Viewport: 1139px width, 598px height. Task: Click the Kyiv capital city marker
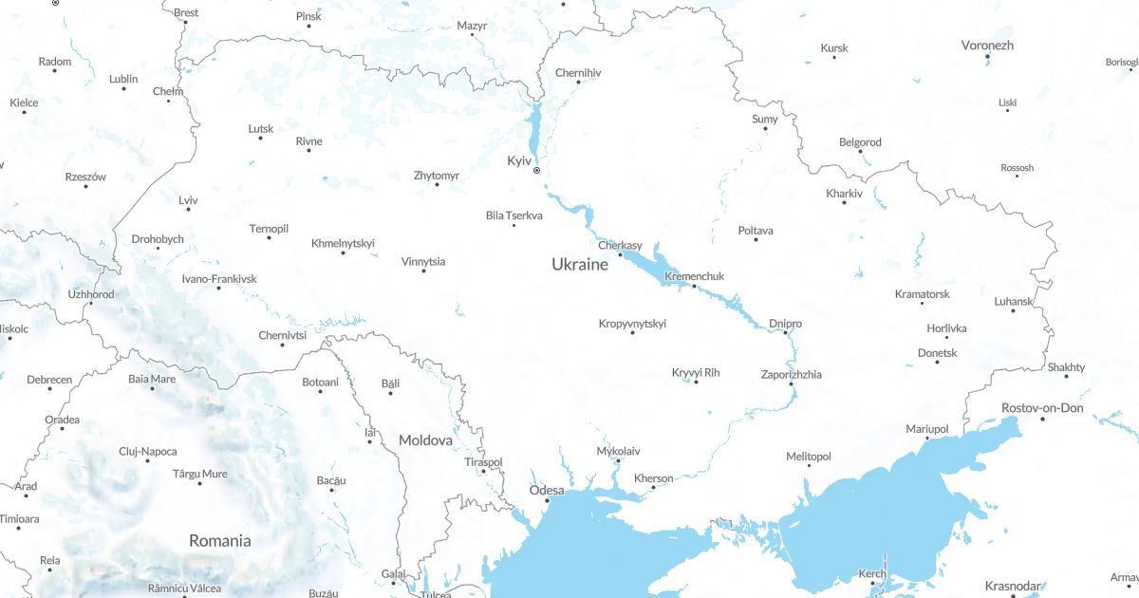tap(536, 171)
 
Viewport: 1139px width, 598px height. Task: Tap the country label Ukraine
tap(580, 265)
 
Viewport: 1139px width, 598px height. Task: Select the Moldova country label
tap(425, 440)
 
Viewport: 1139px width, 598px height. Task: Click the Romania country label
tap(220, 541)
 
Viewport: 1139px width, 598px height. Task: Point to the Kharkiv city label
tap(844, 194)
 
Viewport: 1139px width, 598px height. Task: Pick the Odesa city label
tap(547, 491)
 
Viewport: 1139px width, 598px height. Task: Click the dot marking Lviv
tap(188, 209)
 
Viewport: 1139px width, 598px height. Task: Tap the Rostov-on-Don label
tap(1042, 409)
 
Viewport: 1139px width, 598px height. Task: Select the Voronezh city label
tap(987, 46)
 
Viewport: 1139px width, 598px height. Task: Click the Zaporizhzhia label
tap(792, 375)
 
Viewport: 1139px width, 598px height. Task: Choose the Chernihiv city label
tap(578, 72)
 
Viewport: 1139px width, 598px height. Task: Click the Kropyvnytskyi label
tap(632, 324)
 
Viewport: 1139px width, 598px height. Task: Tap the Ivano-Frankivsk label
tap(219, 279)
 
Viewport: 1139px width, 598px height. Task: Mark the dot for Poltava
tap(756, 239)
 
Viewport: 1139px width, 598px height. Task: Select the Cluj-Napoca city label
tap(147, 452)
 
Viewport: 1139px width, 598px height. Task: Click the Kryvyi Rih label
tap(696, 373)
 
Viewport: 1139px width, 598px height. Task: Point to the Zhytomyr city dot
tap(437, 184)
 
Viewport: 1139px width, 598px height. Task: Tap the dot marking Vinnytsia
tap(423, 271)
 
